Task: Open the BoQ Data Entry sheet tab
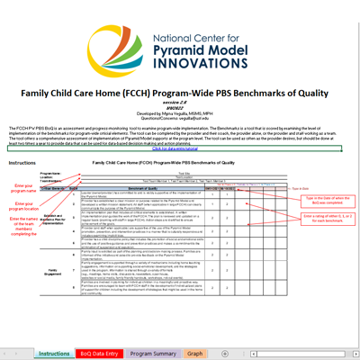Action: (100, 354)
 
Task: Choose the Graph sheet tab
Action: (195, 354)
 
